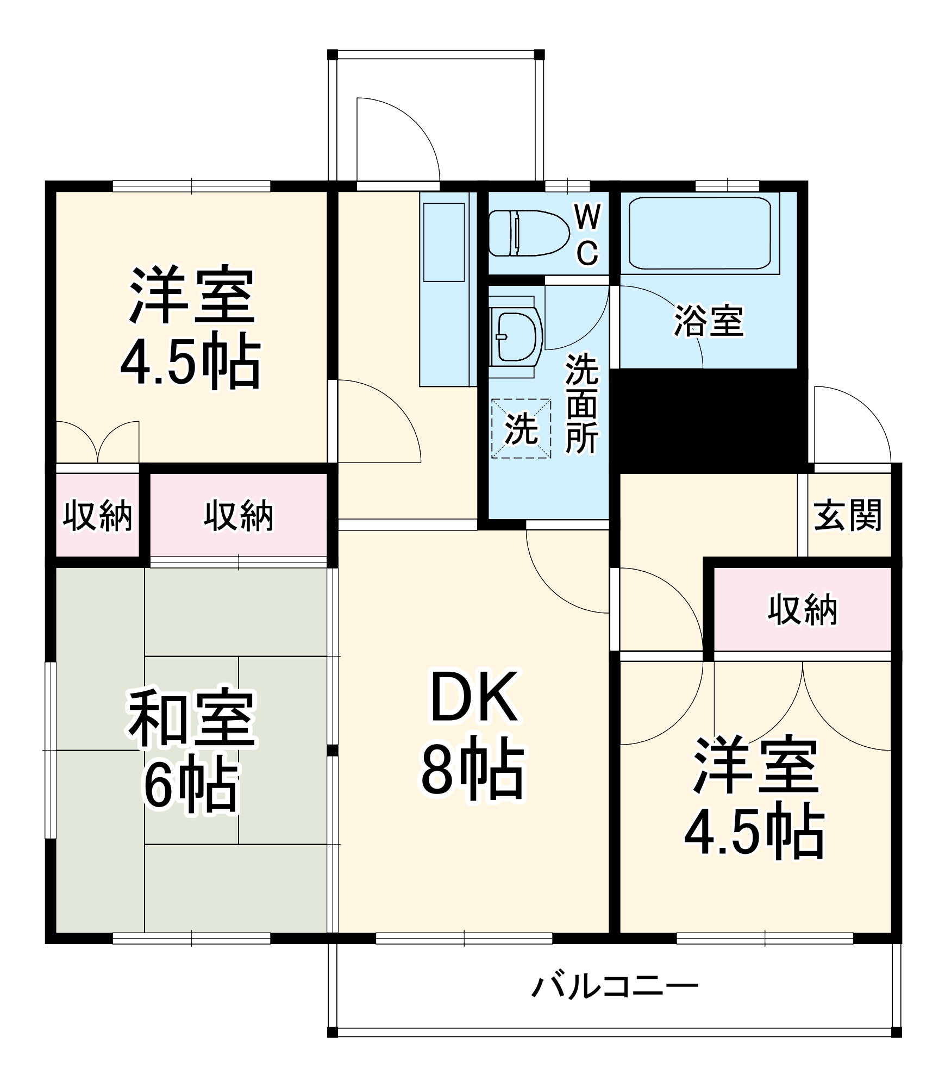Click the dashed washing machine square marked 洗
coord(521,429)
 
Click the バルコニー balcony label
coord(614,986)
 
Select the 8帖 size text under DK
coord(473,772)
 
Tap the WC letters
coord(587,236)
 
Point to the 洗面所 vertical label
coord(581,404)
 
